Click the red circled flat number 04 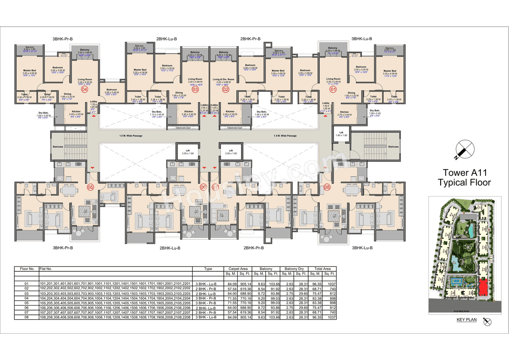(84, 90)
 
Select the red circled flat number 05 (90, 187)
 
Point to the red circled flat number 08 (327, 187)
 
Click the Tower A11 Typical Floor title (464, 177)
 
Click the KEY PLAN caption (466, 319)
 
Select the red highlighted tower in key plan (484, 287)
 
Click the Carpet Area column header (238, 269)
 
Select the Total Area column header (322, 269)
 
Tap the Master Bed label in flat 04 (29, 71)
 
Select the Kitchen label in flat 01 (344, 112)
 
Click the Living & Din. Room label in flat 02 (223, 79)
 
